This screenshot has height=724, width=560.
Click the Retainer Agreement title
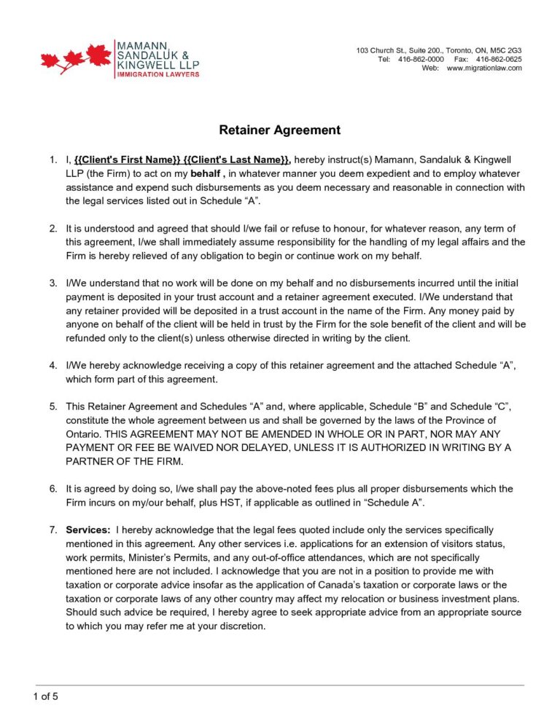280,130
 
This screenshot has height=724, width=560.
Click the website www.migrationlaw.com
484,68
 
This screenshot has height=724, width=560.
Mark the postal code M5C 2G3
506,50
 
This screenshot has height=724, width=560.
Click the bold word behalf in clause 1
205,174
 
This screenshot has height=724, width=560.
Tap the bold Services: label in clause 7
88,530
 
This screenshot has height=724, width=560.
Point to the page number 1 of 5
45,696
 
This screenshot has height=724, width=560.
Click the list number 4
53,364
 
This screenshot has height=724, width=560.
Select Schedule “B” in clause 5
402,406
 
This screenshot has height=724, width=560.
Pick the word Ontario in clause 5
83,433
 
